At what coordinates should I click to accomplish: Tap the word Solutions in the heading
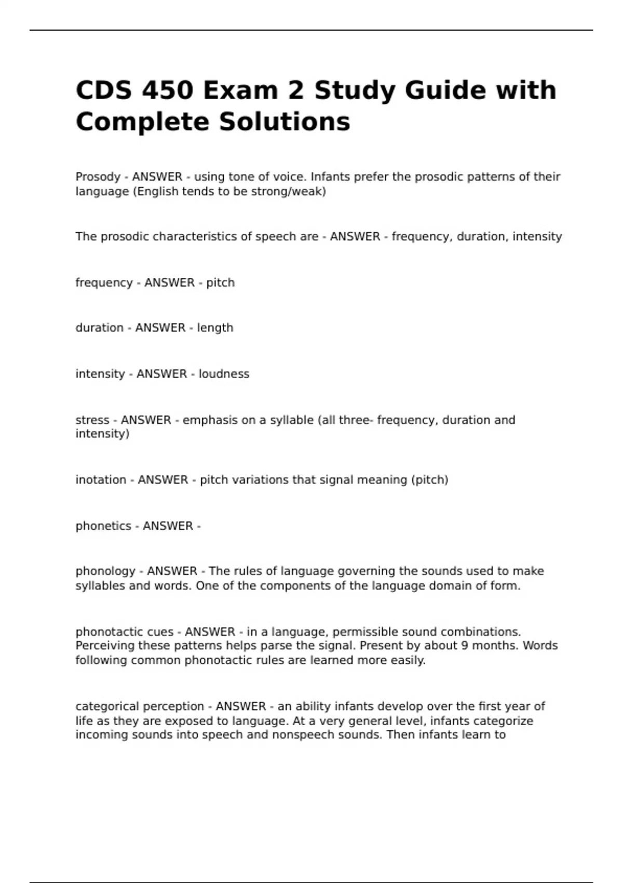(284, 122)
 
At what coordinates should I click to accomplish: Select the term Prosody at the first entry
(98, 177)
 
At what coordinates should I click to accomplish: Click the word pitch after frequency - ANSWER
(220, 283)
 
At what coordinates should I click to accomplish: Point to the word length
(215, 328)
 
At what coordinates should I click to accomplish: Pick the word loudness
(224, 374)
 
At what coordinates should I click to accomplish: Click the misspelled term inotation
(101, 480)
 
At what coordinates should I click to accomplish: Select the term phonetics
(103, 526)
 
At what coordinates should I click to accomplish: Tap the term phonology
(105, 571)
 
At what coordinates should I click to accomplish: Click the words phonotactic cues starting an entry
(125, 632)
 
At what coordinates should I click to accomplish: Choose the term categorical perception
(140, 707)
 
